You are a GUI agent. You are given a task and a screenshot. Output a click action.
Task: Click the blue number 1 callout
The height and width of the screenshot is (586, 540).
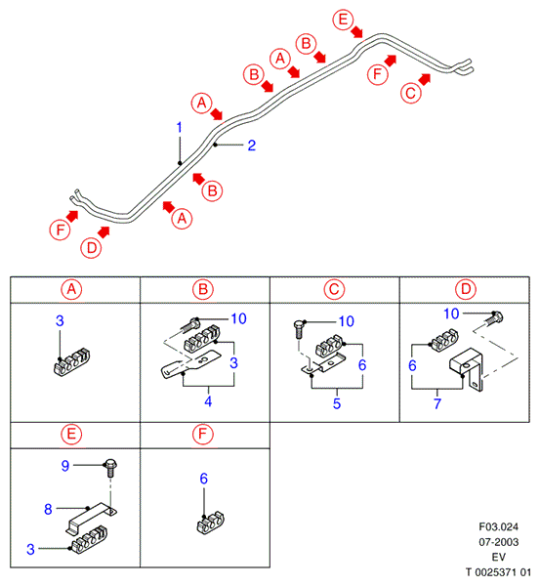click(x=180, y=127)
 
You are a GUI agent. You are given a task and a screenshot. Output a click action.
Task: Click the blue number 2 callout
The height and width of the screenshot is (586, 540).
click(x=252, y=146)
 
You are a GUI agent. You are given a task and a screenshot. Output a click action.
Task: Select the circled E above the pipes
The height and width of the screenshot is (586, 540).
click(x=343, y=20)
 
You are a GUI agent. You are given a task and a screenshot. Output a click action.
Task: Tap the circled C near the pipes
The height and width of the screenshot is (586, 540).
click(x=411, y=93)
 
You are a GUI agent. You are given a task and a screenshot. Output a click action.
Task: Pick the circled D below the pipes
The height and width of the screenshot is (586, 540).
click(x=92, y=248)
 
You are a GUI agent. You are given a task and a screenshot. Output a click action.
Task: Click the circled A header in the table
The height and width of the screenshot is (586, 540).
click(x=71, y=290)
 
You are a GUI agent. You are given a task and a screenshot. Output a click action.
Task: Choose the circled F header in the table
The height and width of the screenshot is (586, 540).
click(x=202, y=435)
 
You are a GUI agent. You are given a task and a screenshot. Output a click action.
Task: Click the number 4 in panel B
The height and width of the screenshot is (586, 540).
click(x=208, y=401)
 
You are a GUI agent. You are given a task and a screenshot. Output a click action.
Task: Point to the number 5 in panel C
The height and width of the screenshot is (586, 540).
click(x=337, y=403)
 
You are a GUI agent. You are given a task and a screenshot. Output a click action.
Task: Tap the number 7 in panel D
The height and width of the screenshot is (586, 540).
click(x=437, y=403)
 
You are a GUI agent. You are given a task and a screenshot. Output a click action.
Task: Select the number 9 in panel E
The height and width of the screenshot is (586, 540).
click(x=65, y=466)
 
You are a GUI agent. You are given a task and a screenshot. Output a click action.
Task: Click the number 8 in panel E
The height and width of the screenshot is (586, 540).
click(x=48, y=509)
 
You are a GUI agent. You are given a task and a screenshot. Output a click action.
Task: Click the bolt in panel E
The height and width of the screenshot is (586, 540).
click(x=110, y=467)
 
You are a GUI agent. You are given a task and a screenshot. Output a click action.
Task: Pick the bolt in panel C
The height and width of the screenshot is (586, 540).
click(x=300, y=329)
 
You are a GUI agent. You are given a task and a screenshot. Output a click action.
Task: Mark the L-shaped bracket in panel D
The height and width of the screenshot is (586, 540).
click(x=467, y=369)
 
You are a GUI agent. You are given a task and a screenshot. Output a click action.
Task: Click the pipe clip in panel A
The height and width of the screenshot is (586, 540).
click(x=72, y=362)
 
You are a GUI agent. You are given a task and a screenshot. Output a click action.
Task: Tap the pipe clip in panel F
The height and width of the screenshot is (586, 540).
click(x=210, y=523)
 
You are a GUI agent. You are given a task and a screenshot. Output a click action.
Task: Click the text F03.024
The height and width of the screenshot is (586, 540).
click(x=499, y=527)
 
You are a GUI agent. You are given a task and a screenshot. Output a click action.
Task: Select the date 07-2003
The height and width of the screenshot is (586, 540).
click(x=499, y=542)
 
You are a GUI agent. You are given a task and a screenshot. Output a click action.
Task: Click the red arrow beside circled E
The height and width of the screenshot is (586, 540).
click(x=357, y=32)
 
